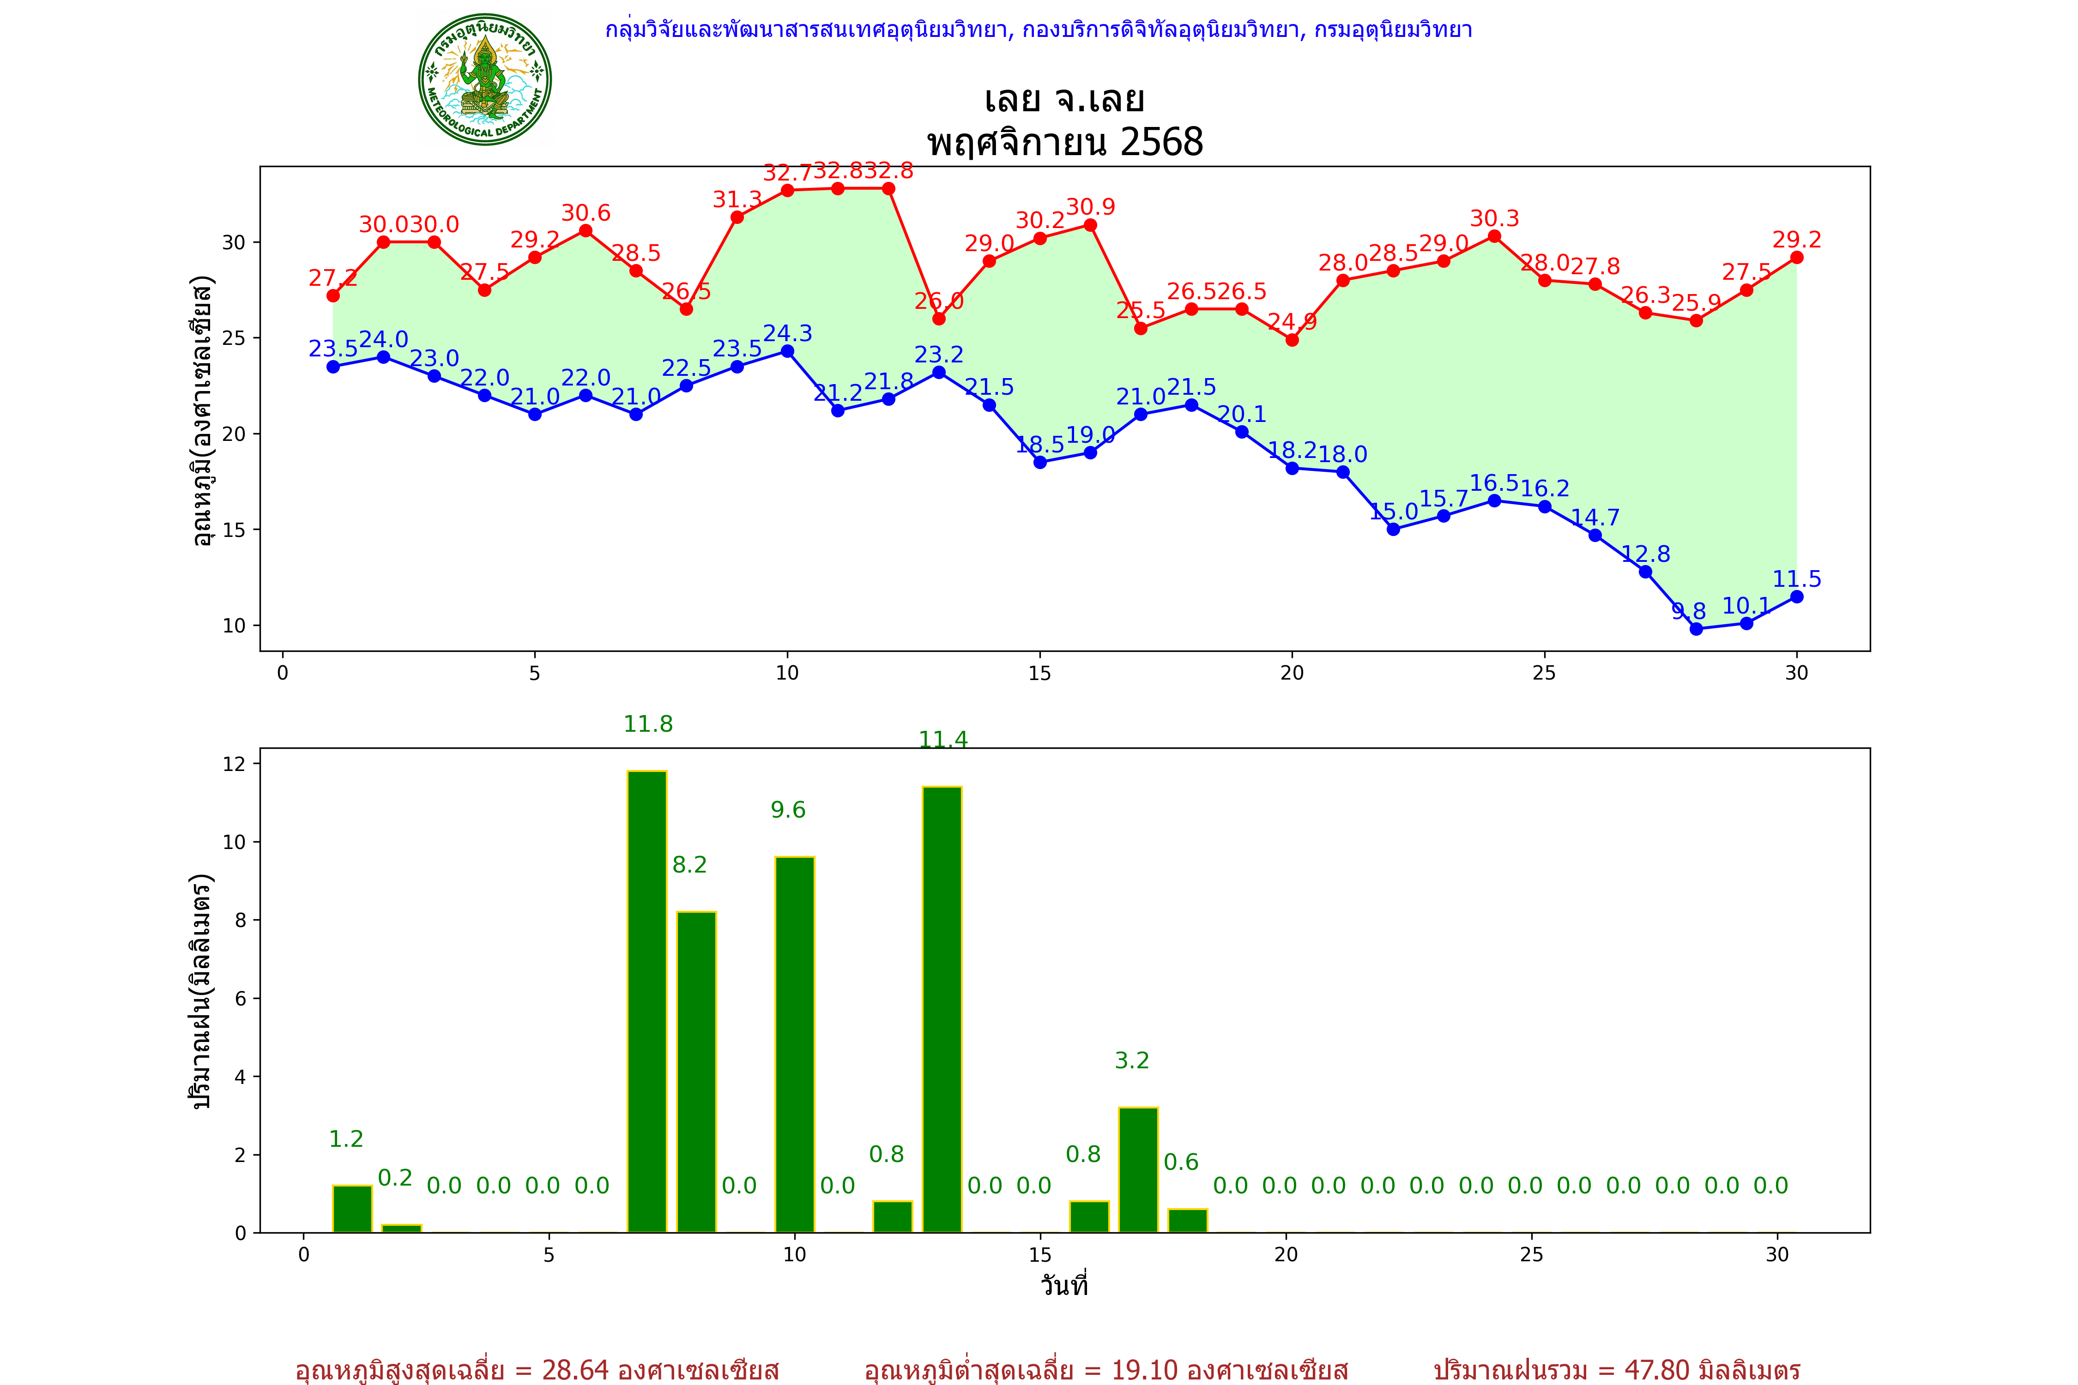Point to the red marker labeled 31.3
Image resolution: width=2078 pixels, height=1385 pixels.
[737, 217]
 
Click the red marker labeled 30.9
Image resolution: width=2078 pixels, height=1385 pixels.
[1090, 225]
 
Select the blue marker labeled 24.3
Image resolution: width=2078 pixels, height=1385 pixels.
[787, 351]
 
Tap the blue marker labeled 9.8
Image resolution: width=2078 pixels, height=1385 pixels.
[1696, 629]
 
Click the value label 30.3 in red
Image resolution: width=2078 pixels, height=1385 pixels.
[1494, 218]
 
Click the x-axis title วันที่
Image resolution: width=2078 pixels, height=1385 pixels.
[1064, 1285]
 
